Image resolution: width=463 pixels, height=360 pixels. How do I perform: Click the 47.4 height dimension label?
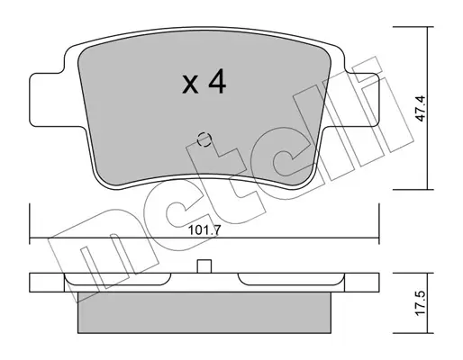(x=422, y=108)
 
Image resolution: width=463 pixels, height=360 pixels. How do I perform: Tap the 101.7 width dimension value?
(x=204, y=230)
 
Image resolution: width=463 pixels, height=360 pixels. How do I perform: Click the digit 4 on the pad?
(x=217, y=81)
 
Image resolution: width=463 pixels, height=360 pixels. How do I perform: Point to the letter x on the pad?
(x=190, y=85)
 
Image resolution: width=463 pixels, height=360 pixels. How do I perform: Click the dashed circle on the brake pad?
(x=204, y=139)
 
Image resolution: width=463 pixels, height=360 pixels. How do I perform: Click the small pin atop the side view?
(x=204, y=266)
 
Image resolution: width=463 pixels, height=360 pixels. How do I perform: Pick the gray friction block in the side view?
(x=204, y=312)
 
